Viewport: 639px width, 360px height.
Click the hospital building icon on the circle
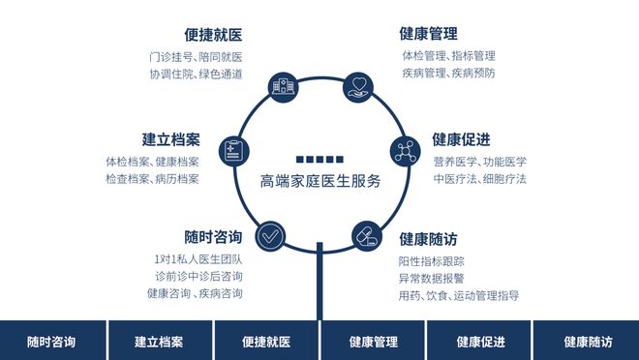tap(284, 86)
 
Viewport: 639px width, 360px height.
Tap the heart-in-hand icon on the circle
tap(357, 86)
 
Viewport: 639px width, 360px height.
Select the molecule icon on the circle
tap(406, 151)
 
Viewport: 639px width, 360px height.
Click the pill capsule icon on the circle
tap(367, 234)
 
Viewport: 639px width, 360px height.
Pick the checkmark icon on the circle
tap(270, 234)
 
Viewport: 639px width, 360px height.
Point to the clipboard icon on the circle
tap(233, 151)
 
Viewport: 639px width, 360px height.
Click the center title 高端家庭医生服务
tap(319, 181)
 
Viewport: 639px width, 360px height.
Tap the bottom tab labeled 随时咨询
tap(52, 341)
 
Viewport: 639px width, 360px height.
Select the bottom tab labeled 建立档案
tap(159, 341)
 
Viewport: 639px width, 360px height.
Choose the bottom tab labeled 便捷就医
tap(265, 341)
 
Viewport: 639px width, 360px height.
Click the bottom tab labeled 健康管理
tap(373, 341)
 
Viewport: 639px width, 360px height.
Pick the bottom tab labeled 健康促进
tap(479, 341)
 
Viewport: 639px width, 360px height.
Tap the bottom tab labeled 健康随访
tap(587, 341)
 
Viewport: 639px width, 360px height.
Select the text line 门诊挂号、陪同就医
tap(196, 56)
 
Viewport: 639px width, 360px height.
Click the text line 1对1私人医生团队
tap(198, 259)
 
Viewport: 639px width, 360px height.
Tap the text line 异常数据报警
tap(431, 278)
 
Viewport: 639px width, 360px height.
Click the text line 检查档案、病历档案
tap(152, 179)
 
